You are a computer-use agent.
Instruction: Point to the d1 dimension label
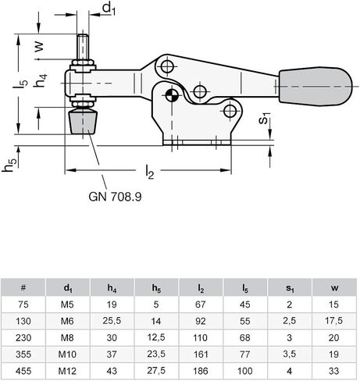109,9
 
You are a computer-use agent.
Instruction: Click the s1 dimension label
266,120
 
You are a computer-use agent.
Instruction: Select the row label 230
23,338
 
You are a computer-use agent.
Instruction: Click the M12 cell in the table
66,372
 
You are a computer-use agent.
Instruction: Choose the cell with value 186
201,372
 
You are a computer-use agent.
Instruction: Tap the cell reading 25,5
111,321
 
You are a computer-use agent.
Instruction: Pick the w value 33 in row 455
334,372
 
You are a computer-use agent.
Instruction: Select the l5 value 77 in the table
245,355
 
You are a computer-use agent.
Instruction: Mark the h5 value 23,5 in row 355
156,355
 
